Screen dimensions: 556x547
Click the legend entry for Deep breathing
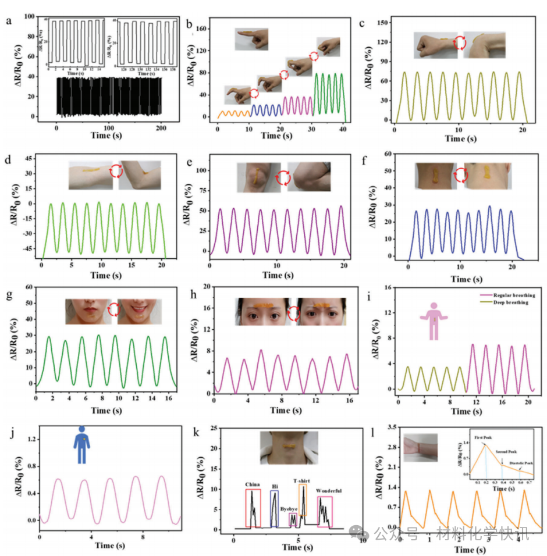512,303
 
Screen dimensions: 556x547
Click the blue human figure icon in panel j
81,445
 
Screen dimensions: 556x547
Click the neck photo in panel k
289,448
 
